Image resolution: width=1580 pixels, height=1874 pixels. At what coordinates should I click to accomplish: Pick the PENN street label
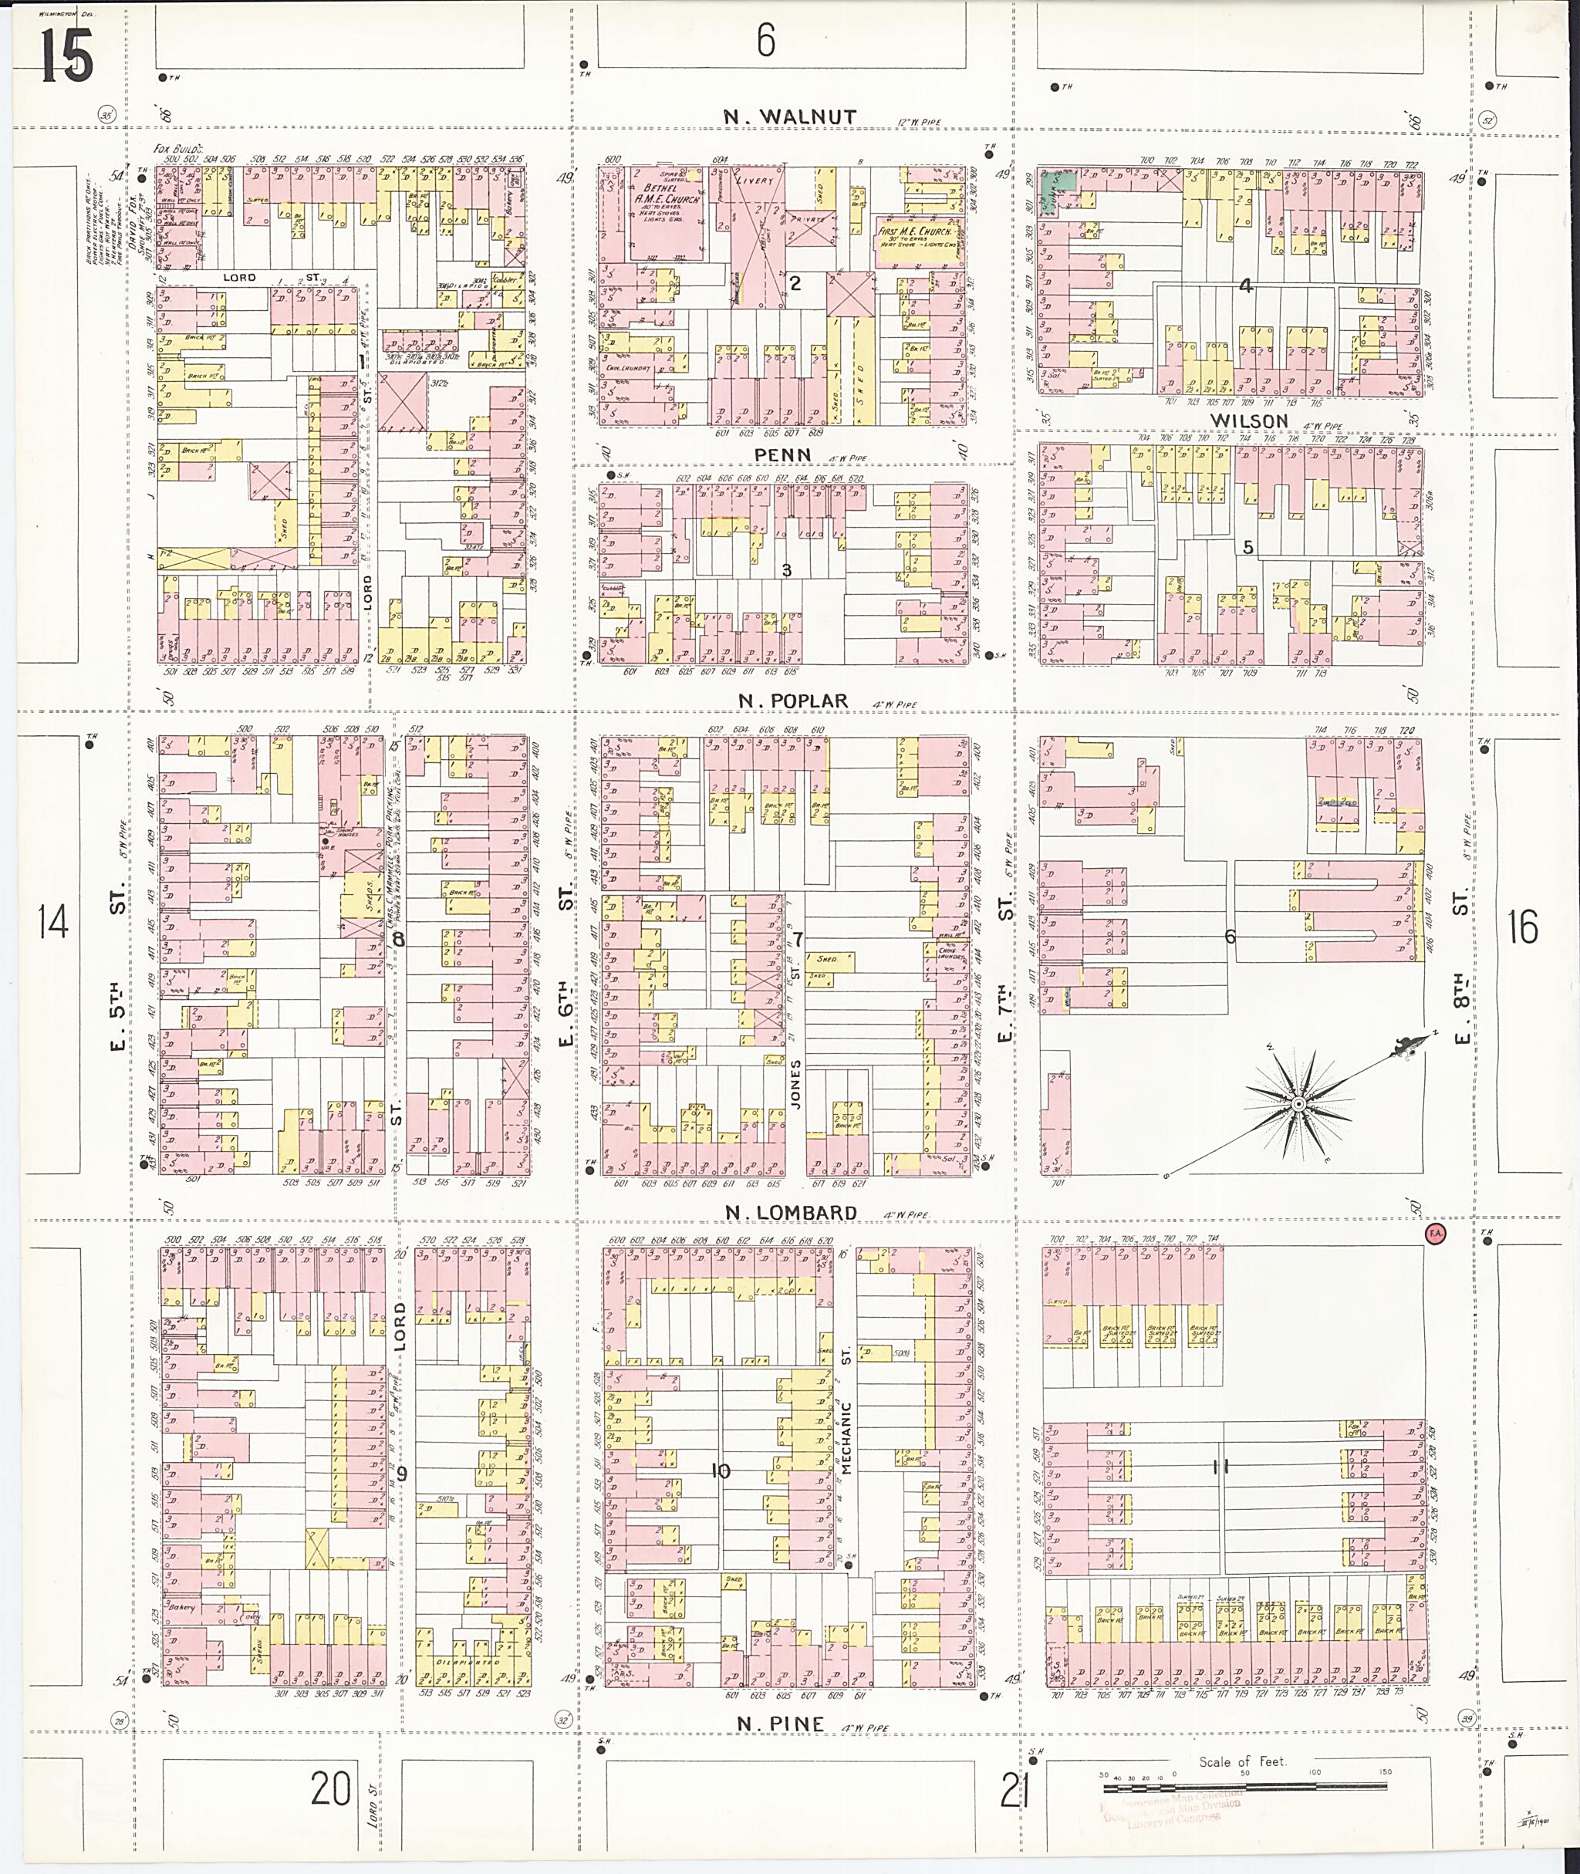click(782, 455)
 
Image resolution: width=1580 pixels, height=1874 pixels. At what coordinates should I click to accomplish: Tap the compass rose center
click(1296, 1102)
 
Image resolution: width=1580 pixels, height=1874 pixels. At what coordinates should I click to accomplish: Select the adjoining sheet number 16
click(1522, 927)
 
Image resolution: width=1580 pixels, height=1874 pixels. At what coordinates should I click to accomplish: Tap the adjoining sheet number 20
click(330, 1790)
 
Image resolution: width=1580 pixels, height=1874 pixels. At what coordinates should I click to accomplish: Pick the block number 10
click(720, 1471)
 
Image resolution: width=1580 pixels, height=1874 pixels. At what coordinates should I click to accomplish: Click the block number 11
click(1219, 1467)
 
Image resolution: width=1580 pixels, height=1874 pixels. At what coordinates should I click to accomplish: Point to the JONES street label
click(795, 1086)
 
